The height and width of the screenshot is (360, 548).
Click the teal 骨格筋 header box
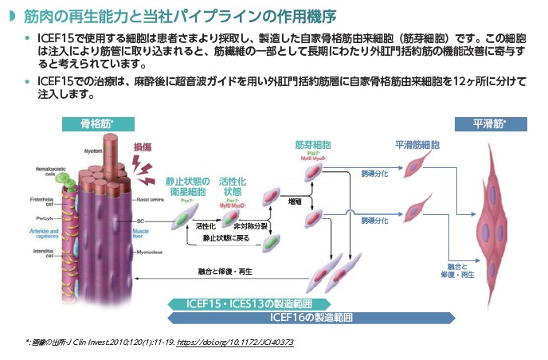97,123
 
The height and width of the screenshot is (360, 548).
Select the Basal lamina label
150,200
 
